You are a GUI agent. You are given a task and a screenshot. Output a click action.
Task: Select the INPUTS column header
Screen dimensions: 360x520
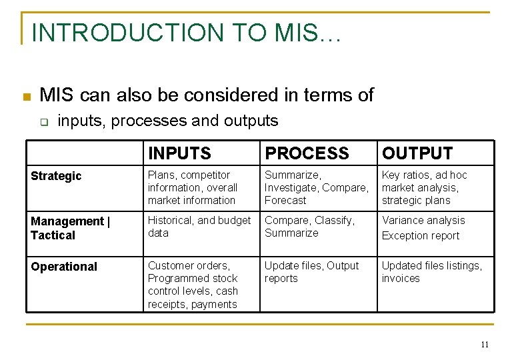point(179,153)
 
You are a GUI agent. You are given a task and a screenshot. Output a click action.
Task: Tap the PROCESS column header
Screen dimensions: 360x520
point(307,153)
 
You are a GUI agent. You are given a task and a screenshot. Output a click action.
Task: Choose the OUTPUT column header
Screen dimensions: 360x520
point(417,153)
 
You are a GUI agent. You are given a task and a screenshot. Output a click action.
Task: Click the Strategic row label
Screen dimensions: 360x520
point(56,176)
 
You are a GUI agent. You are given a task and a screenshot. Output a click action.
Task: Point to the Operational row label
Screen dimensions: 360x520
point(64,267)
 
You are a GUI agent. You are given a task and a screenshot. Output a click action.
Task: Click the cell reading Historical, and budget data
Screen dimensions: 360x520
point(199,227)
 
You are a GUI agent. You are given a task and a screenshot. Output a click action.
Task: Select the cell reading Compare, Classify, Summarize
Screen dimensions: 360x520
point(309,227)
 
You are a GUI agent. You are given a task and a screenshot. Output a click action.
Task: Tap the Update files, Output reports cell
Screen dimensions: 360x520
point(311,272)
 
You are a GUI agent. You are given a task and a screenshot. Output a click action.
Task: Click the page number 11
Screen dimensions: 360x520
point(485,345)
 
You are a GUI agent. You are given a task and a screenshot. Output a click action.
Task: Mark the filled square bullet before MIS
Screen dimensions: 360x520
point(26,97)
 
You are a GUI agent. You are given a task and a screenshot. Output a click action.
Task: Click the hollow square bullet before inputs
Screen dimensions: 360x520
point(44,122)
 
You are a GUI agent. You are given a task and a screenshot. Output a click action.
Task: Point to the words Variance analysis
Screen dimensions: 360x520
point(423,221)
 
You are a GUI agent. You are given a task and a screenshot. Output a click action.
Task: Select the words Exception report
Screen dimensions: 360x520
point(421,236)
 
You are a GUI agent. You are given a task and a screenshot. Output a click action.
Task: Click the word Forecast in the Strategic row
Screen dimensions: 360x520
point(285,201)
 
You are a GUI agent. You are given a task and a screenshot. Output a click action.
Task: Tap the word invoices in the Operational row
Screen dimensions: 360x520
point(401,279)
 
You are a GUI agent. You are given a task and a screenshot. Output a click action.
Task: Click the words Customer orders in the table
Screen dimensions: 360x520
point(189,265)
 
